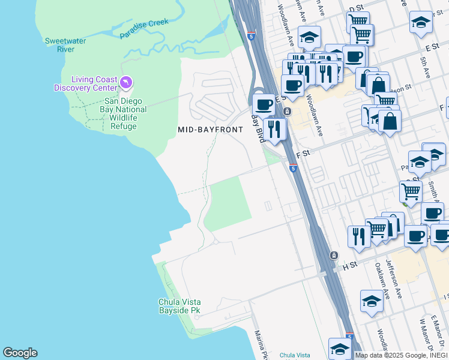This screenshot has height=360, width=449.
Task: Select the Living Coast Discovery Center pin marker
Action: click(x=125, y=82)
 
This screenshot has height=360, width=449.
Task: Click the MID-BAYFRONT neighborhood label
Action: click(x=210, y=130)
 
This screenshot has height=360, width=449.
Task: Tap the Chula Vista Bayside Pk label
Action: click(x=179, y=306)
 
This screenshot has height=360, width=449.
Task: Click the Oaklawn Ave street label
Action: click(x=379, y=275)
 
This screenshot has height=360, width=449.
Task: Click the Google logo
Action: click(x=20, y=353)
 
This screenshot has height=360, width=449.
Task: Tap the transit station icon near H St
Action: click(x=334, y=256)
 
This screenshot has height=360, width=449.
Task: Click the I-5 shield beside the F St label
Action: click(x=293, y=169)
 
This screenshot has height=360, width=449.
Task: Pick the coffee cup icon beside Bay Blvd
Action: click(x=263, y=104)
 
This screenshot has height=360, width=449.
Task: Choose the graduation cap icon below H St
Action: click(x=372, y=300)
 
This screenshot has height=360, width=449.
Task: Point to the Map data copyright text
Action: click(x=401, y=355)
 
